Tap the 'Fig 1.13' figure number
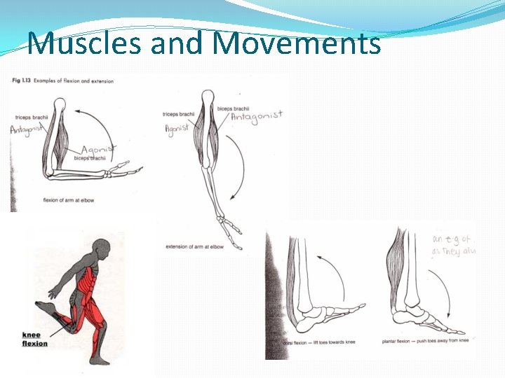(20, 81)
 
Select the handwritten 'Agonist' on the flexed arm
(99, 150)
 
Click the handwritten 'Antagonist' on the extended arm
(256, 115)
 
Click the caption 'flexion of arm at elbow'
(69, 201)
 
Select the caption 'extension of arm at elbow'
(194, 246)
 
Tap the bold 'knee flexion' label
(34, 339)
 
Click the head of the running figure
(102, 248)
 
